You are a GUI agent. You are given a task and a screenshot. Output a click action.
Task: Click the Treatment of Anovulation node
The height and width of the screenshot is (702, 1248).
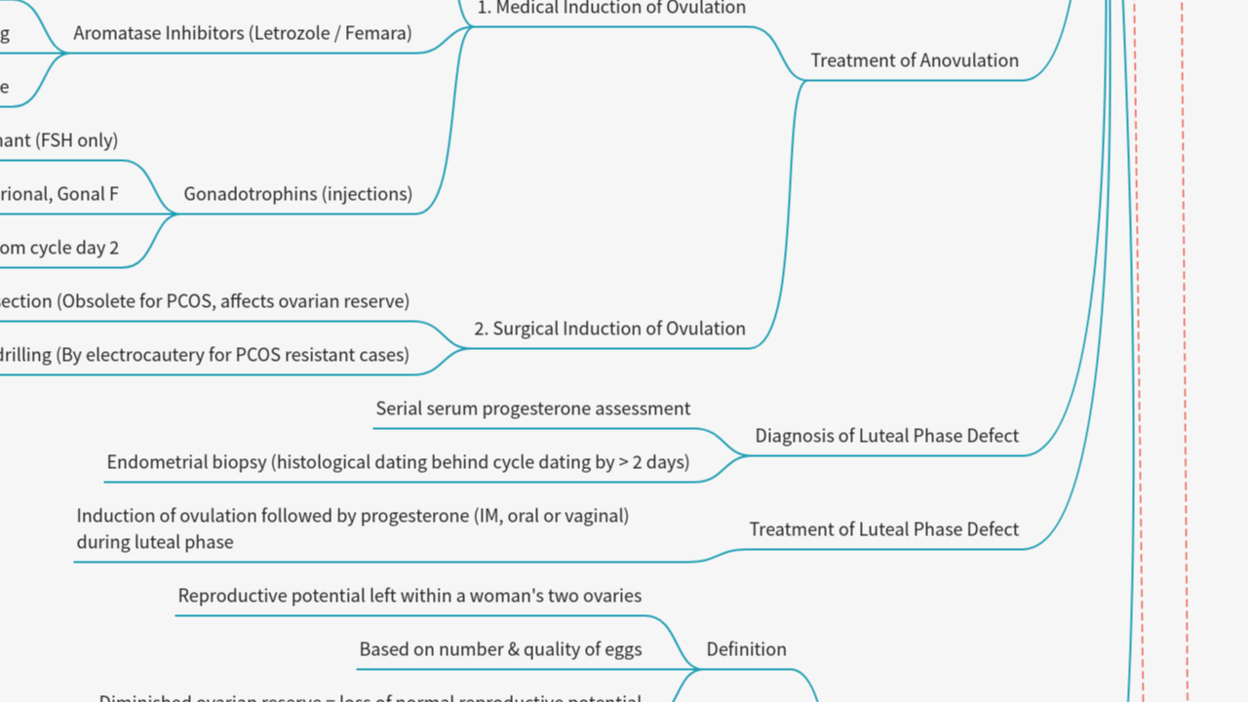915,60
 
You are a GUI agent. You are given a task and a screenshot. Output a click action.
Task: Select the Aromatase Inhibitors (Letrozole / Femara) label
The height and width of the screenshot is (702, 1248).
242,33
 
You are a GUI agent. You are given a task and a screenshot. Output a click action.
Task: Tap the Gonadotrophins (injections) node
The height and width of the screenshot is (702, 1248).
297,194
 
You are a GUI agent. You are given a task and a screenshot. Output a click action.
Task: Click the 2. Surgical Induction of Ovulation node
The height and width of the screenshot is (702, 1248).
609,329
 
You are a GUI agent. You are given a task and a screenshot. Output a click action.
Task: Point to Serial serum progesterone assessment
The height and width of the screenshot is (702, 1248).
532,409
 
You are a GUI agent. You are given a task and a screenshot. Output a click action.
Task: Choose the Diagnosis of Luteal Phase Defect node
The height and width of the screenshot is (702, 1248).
886,436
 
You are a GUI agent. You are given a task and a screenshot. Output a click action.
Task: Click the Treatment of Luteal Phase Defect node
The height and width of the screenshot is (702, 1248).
883,529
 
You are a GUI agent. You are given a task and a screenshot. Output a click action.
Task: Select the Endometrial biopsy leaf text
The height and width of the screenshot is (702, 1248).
398,462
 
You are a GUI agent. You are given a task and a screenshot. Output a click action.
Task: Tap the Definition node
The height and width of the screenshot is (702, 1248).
746,649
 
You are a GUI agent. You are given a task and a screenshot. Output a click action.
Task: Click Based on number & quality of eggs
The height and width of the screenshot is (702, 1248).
500,649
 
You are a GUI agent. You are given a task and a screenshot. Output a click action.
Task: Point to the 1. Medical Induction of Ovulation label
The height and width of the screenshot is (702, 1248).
611,8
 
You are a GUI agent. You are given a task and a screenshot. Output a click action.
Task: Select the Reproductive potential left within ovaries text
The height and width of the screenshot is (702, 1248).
409,596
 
